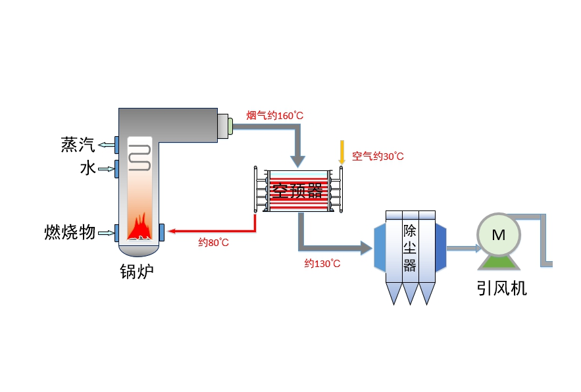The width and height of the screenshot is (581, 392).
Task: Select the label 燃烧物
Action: (x=70, y=232)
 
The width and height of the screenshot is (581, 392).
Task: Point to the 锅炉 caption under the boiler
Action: (x=137, y=271)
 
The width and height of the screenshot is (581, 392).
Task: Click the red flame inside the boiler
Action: (x=140, y=228)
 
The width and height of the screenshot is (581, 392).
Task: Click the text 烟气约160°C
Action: (x=274, y=116)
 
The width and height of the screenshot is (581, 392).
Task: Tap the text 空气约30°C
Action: (x=378, y=157)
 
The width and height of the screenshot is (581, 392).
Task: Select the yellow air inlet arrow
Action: (x=341, y=153)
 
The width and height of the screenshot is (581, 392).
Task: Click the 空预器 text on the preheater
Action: (x=298, y=191)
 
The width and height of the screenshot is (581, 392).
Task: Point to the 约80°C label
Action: (x=214, y=243)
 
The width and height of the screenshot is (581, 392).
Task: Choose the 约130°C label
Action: (x=322, y=264)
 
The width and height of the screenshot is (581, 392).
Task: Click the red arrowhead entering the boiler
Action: (x=172, y=231)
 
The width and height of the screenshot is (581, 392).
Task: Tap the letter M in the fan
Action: (x=499, y=235)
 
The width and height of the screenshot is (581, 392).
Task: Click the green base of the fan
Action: (x=499, y=260)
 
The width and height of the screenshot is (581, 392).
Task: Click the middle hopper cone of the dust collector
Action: (x=410, y=293)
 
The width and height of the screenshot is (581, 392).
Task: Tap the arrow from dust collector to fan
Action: (x=463, y=249)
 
